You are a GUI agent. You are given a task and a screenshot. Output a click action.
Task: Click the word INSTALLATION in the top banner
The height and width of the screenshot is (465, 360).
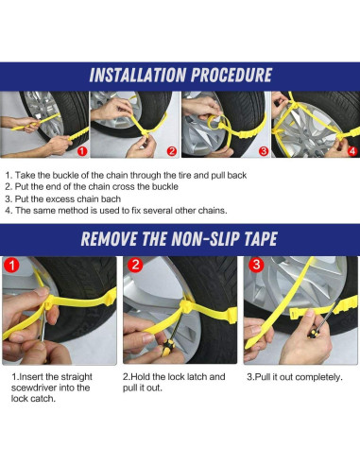coord(138,75)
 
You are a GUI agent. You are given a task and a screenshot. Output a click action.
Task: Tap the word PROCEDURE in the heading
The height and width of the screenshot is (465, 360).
coord(231,75)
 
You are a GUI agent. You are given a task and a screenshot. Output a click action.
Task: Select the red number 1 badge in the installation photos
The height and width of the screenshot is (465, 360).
coord(82,151)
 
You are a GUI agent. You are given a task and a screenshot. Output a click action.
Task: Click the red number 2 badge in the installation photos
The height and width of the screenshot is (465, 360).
coord(172,151)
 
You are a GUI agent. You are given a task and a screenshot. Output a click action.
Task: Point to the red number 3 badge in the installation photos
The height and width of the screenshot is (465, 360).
coord(264,151)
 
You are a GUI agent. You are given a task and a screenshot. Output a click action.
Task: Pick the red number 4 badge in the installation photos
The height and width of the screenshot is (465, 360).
coord(352,151)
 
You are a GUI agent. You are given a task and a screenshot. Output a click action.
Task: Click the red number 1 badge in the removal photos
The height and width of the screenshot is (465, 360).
coord(11,266)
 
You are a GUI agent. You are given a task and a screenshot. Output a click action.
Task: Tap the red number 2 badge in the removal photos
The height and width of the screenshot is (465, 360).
coord(135,265)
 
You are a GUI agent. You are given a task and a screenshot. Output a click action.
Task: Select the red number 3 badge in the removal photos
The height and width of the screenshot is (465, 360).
coord(256,265)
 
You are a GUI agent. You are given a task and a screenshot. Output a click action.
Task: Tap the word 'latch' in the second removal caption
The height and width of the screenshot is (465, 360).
coord(197,377)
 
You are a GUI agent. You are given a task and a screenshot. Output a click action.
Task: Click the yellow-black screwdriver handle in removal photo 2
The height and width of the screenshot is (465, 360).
coord(168,348)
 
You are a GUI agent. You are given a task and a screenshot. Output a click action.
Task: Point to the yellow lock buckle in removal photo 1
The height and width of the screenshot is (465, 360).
coord(48,302)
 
